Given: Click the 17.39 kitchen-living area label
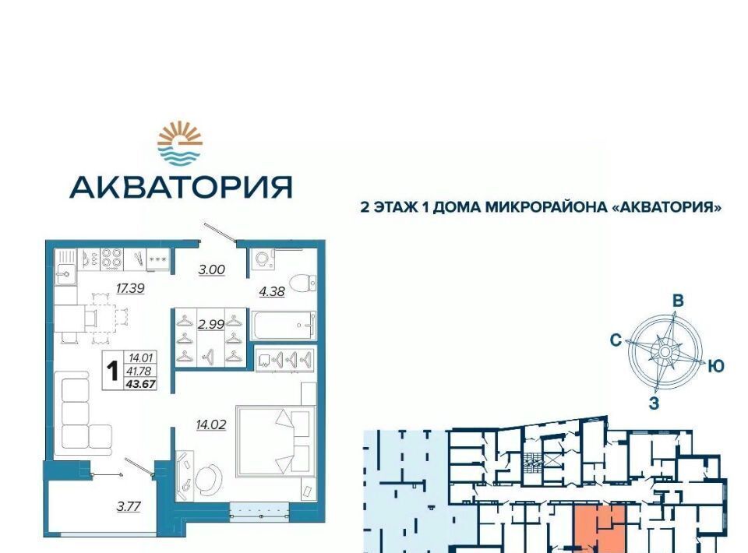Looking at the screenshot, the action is click(130, 288).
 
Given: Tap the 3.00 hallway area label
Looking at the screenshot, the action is click(211, 269).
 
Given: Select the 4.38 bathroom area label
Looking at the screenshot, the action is click(272, 291).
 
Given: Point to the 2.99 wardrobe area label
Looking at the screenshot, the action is click(211, 324).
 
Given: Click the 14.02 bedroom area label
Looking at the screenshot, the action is click(211, 424).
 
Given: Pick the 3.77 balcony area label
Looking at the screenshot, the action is click(129, 505).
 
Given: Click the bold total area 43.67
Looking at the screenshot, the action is click(141, 383).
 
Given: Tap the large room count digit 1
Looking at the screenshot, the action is click(113, 371).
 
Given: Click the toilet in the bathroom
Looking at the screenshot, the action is click(302, 284).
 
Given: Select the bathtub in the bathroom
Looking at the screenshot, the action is click(284, 326).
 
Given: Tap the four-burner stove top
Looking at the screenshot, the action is click(111, 259).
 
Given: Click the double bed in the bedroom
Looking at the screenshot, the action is click(276, 441).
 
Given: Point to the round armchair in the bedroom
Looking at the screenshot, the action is click(209, 480).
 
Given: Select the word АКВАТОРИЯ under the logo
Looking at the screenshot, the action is click(181, 187).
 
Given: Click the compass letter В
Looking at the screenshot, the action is click(678, 301).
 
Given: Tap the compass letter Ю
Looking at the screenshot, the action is click(716, 366).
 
